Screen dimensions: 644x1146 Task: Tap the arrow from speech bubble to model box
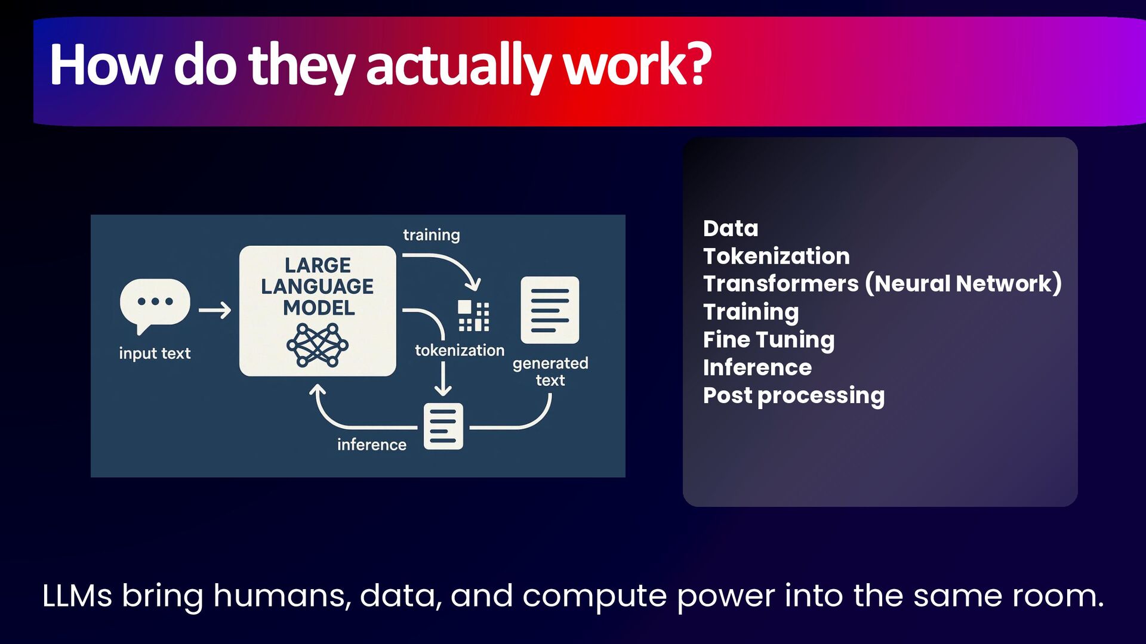coord(214,311)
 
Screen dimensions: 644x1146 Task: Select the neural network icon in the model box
coord(318,345)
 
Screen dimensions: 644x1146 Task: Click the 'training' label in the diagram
coord(431,235)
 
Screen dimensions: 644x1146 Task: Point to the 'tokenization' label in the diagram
coord(460,350)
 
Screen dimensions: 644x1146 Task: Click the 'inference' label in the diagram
coord(371,445)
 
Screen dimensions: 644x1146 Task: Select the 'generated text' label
coord(550,371)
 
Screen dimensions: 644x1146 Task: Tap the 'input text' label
coord(155,353)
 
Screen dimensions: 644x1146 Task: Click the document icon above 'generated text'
coord(550,310)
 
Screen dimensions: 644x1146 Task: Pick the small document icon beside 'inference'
coord(443,426)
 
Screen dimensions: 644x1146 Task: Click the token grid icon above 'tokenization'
coord(473,315)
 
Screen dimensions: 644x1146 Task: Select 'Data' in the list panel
coord(731,228)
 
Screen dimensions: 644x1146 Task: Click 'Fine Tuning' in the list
coord(769,340)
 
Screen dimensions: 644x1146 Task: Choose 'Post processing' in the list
coord(794,395)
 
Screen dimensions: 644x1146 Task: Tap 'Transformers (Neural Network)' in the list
coord(882,284)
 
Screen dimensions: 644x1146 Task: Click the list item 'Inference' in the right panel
coord(757,368)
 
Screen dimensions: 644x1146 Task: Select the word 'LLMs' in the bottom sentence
coord(77,596)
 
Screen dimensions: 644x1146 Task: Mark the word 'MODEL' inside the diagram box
coord(319,308)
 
